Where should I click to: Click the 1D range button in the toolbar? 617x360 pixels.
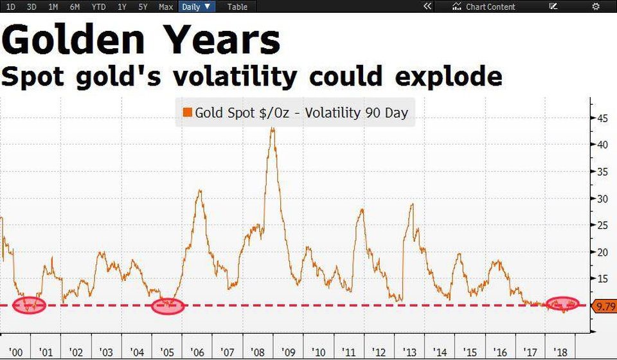[11, 6]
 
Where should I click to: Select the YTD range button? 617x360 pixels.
[98, 6]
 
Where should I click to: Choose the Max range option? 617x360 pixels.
[166, 6]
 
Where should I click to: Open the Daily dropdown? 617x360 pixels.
[195, 6]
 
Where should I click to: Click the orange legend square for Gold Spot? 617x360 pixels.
[187, 113]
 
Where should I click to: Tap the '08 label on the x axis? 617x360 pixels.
[257, 352]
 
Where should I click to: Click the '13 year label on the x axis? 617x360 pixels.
[409, 352]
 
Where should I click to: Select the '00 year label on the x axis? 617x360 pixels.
[15, 352]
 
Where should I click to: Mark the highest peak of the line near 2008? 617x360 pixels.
[273, 129]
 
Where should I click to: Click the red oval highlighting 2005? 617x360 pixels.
[168, 306]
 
